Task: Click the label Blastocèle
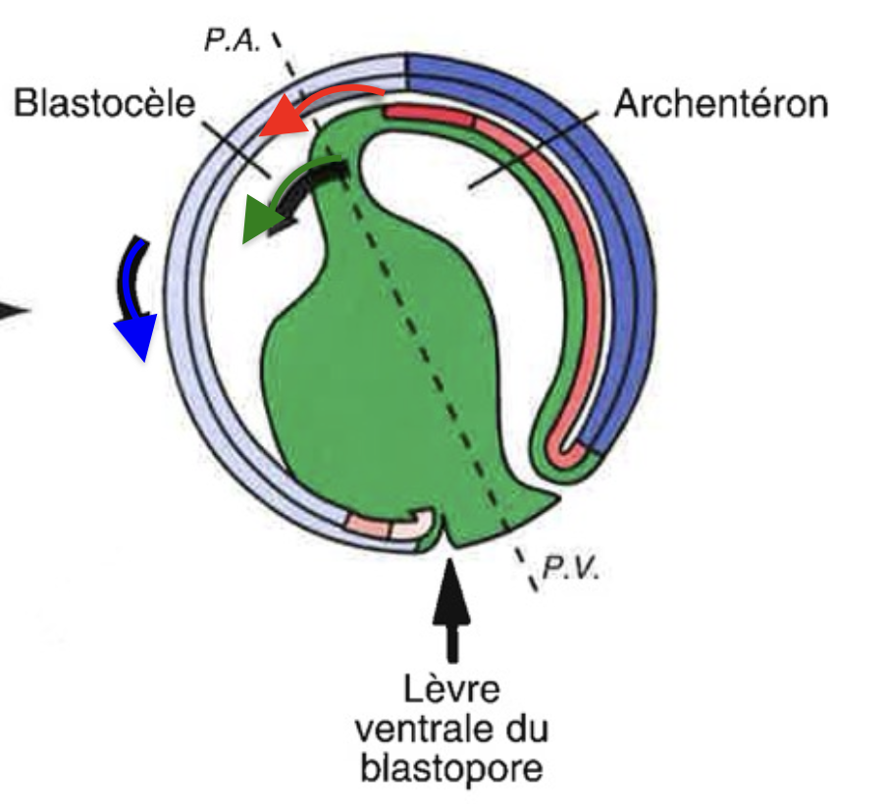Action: [x=105, y=104]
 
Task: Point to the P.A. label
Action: [x=233, y=41]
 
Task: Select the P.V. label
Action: [x=570, y=568]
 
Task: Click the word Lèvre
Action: [x=451, y=688]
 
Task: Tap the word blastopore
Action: [x=452, y=768]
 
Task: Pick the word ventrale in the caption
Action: [x=418, y=729]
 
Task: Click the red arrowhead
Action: [x=283, y=119]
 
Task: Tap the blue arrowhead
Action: [x=137, y=337]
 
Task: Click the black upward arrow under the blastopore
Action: [x=450, y=610]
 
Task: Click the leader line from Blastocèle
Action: [x=236, y=149]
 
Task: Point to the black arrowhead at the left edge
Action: [x=14, y=311]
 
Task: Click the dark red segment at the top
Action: [x=428, y=116]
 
